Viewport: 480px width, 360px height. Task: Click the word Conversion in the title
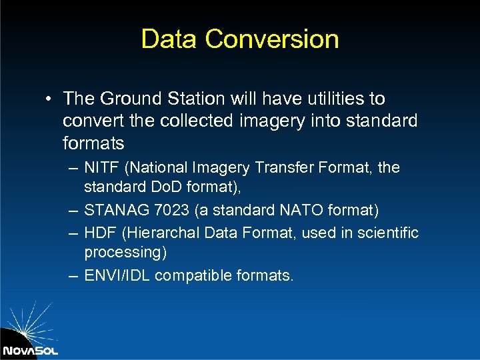pos(272,39)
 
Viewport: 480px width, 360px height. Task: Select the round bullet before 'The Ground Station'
pos(50,99)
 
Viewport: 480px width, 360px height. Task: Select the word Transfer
pos(290,167)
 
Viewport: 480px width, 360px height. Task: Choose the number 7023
pos(170,211)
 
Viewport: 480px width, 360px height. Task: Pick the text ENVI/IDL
pos(114,275)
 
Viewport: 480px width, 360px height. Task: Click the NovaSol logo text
pos(30,350)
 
